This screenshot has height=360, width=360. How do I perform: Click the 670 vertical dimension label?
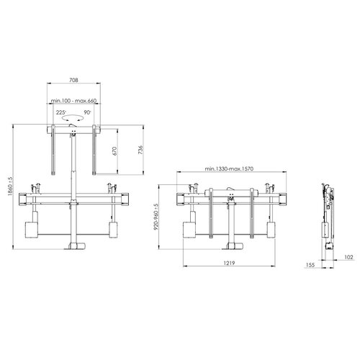point(114,151)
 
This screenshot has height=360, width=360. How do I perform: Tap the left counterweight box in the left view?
point(32,229)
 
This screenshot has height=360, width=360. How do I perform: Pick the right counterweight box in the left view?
point(113,229)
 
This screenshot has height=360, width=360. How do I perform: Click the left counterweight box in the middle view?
point(189,229)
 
